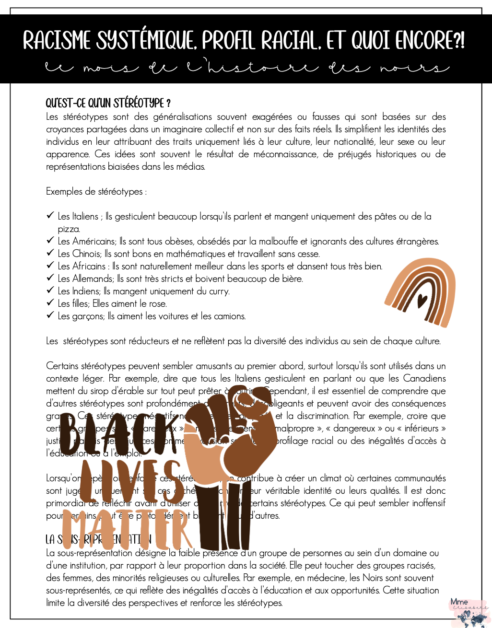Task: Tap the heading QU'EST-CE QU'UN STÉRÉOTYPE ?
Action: point(108,103)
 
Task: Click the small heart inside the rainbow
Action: point(422,301)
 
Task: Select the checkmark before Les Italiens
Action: point(50,216)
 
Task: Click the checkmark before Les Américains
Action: point(50,241)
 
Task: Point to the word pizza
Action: point(69,229)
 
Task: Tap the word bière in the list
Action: point(292,279)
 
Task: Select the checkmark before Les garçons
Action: point(50,316)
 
